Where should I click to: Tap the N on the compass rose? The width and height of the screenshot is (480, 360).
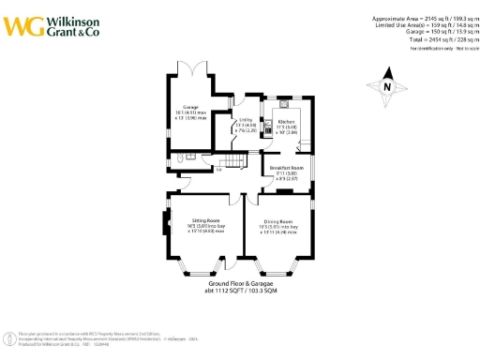386,87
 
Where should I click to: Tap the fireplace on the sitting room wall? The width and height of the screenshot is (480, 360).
165,225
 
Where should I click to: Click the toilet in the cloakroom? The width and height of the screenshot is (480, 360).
177,160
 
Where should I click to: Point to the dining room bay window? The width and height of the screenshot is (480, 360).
277,271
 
